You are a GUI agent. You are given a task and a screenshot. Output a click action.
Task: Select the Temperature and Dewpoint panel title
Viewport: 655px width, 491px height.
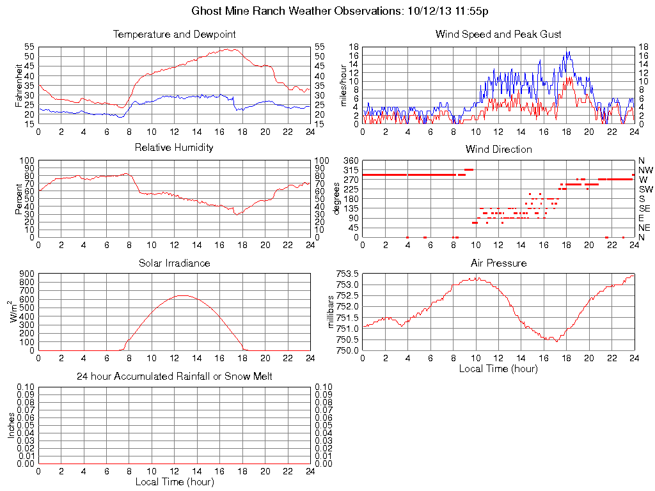click(x=174, y=34)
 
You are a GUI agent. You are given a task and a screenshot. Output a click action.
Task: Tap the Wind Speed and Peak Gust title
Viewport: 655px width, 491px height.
click(x=498, y=34)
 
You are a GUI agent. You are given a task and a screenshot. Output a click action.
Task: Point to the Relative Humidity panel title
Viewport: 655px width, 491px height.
click(x=174, y=148)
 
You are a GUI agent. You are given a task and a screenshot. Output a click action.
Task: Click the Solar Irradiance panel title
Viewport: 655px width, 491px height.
click(x=174, y=263)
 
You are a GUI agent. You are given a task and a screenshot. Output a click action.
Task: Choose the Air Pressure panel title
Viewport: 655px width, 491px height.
click(x=498, y=263)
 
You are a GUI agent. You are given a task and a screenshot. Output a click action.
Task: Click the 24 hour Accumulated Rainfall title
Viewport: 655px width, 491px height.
click(x=174, y=377)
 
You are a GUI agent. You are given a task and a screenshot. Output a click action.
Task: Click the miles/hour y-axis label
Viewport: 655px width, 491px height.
click(x=343, y=86)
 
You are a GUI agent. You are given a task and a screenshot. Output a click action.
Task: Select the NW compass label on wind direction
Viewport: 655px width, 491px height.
click(x=645, y=170)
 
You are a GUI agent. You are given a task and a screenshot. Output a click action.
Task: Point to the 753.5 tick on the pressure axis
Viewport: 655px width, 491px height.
click(x=348, y=274)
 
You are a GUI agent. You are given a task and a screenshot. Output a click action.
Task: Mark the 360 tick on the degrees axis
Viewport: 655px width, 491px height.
click(x=350, y=160)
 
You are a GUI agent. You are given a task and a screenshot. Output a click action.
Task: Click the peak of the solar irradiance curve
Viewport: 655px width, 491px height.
click(x=183, y=295)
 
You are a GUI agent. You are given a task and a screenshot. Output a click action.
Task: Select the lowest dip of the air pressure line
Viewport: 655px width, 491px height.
click(x=556, y=341)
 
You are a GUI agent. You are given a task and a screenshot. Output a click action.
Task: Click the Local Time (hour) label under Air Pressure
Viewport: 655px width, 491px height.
click(x=498, y=368)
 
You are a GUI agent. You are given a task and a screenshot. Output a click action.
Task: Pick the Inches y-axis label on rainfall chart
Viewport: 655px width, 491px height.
click(x=11, y=425)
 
